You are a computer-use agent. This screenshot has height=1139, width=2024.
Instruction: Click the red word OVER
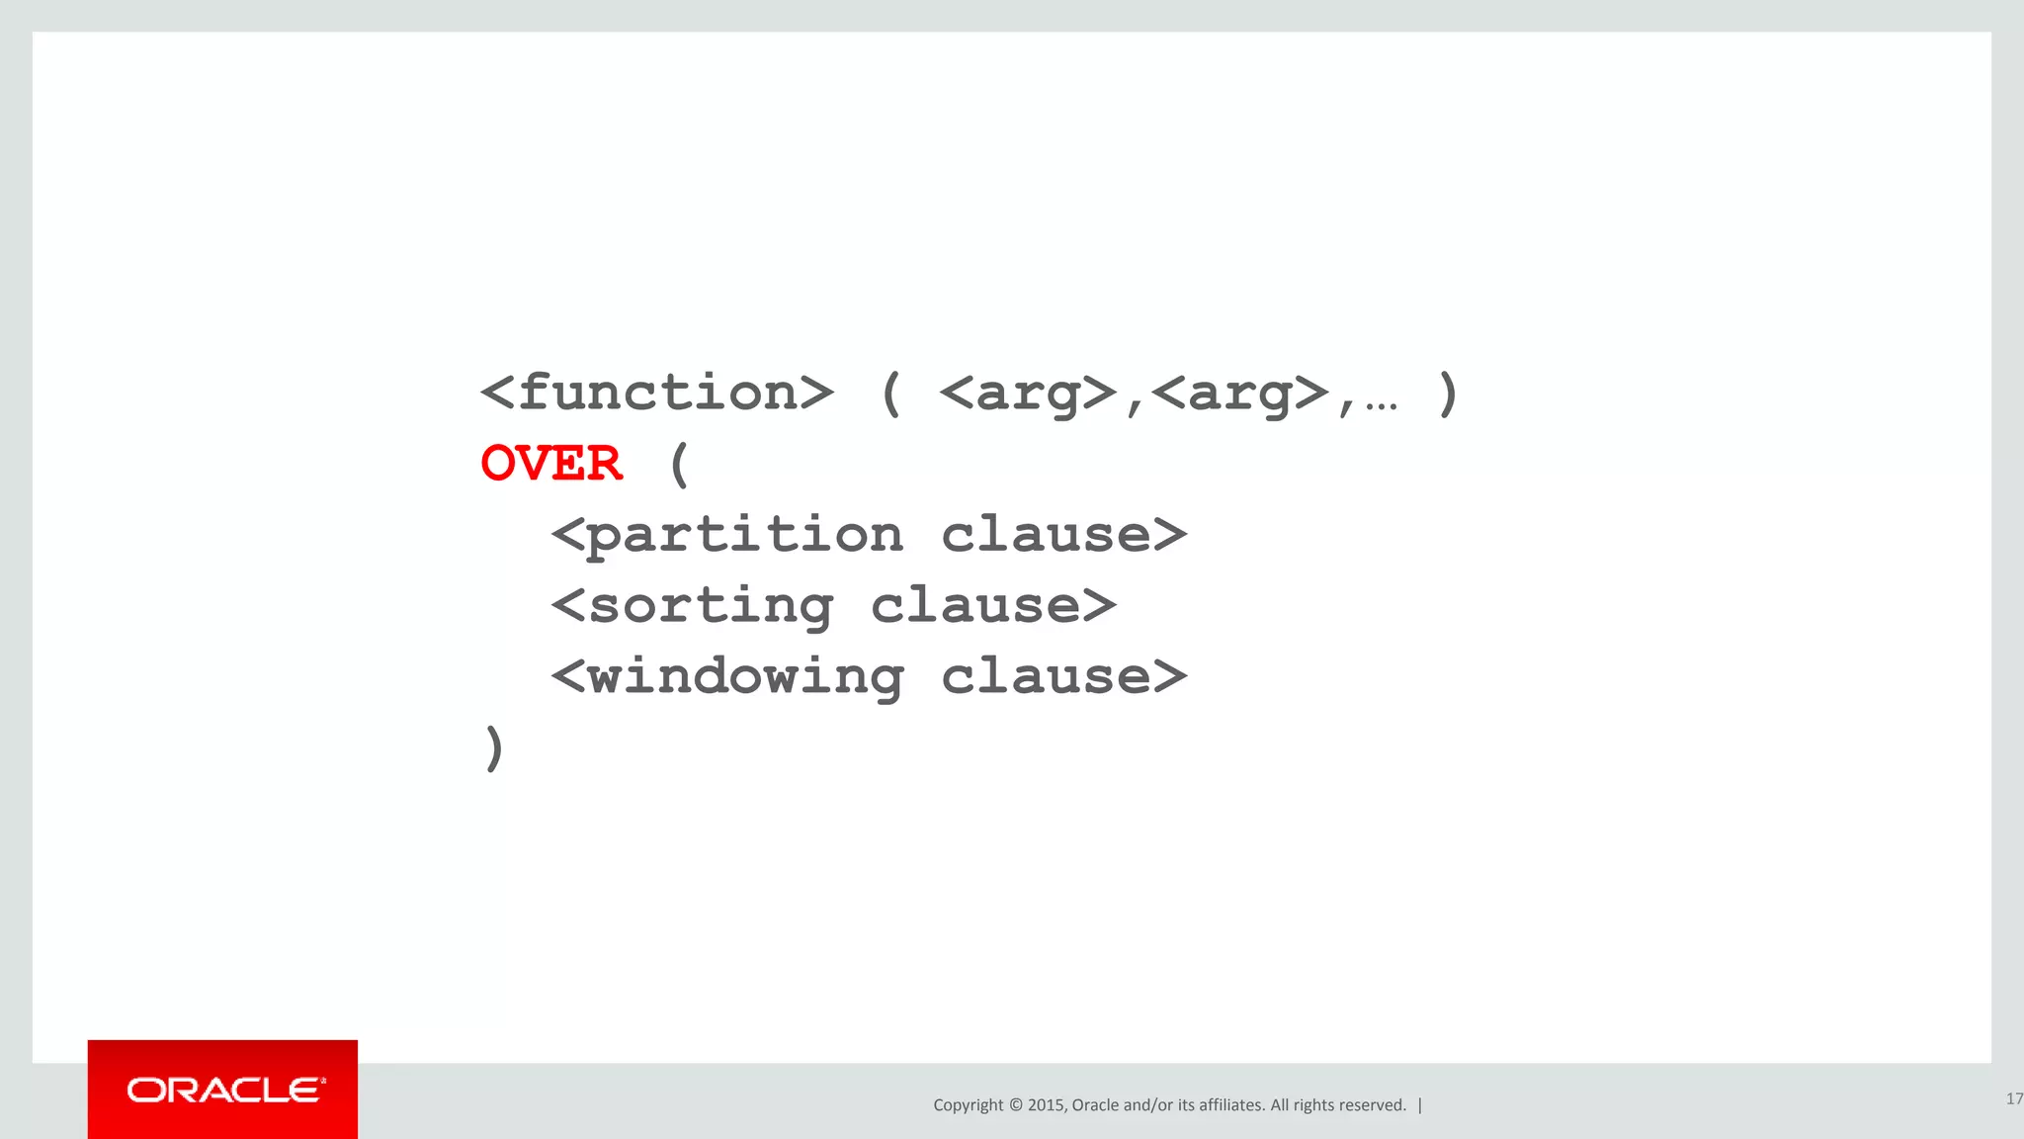[551, 464]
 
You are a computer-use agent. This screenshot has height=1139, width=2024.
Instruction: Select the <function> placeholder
[657, 394]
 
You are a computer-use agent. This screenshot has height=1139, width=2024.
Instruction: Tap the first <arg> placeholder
[1027, 394]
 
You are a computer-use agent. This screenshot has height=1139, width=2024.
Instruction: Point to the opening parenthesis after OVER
[678, 464]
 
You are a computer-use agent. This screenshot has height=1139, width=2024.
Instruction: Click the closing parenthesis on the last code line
[494, 747]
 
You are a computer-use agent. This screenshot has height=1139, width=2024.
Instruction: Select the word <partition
[727, 535]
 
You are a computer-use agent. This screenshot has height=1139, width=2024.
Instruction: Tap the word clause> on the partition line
[1063, 535]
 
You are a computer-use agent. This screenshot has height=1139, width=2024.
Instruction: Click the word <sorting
[692, 606]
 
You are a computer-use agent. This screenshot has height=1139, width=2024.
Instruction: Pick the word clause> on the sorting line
[993, 606]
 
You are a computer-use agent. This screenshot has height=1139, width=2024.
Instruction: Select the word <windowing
[727, 677]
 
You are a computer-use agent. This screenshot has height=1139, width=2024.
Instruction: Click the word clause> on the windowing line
[1063, 677]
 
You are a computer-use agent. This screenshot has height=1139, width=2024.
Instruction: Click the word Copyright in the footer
[968, 1105]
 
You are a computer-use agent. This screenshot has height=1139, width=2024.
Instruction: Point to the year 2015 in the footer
[1046, 1105]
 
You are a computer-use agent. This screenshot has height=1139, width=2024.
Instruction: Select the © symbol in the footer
[1015, 1105]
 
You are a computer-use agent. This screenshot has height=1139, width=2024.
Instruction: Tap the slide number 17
[2014, 1098]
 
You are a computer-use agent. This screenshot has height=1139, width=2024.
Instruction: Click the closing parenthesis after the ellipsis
[1448, 394]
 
